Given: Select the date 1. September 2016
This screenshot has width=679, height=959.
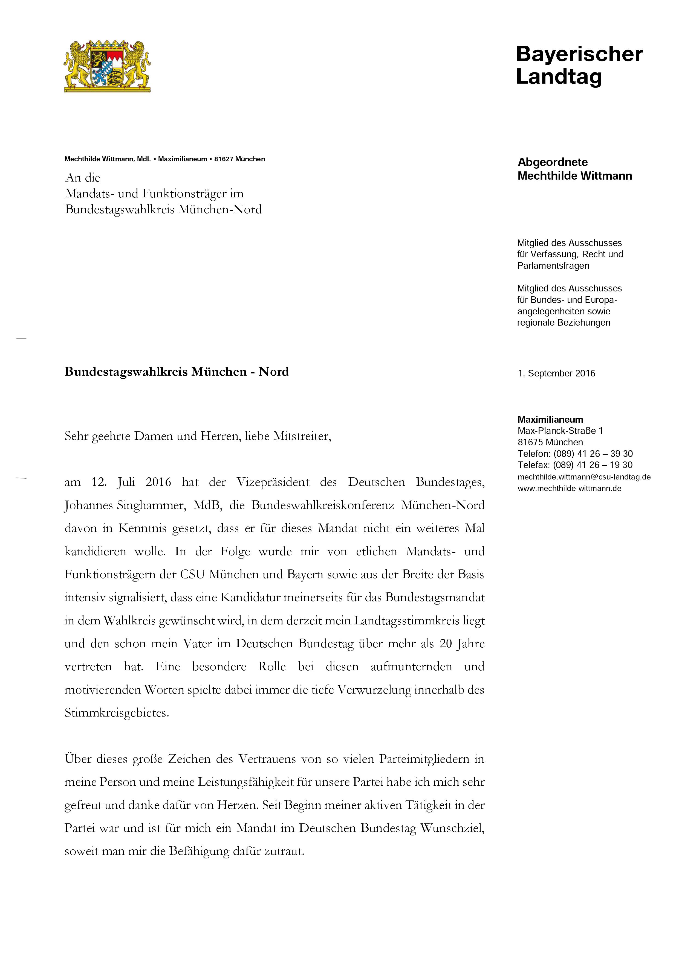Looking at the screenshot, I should tap(556, 373).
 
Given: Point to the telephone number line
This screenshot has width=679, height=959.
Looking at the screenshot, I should tap(575, 454).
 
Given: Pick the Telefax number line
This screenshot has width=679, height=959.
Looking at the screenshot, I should tap(575, 465).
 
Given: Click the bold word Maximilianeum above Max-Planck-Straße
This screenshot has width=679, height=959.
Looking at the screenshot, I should tap(550, 419).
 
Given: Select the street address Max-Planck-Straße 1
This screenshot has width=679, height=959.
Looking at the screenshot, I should tap(560, 431).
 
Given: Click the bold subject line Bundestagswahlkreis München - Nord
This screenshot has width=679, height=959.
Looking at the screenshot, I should tap(177, 372).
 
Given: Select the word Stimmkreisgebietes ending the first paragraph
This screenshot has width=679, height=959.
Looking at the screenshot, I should tap(117, 713).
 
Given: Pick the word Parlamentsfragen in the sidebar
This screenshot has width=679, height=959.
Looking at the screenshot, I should tap(553, 266).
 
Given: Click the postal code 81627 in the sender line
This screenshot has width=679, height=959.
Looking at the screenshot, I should tap(224, 159).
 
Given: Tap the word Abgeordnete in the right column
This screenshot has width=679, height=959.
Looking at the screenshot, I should tap(552, 162).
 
